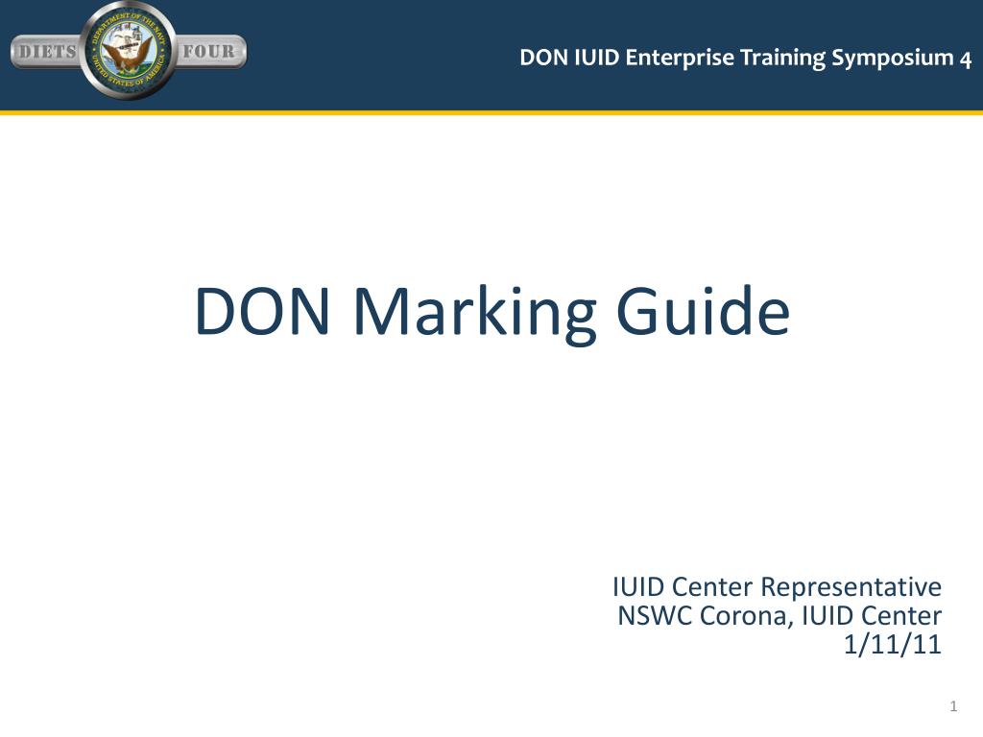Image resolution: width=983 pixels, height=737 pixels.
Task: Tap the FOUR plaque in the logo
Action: click(x=209, y=52)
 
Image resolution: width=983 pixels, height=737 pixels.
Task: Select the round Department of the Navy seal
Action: click(x=129, y=51)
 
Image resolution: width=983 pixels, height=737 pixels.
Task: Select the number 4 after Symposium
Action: click(x=965, y=59)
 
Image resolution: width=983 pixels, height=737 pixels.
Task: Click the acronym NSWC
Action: click(x=655, y=616)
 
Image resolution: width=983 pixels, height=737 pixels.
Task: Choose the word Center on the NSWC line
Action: click(x=901, y=616)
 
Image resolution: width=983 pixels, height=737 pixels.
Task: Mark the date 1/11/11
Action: click(x=892, y=646)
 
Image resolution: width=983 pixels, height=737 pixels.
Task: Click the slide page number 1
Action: click(x=953, y=707)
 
